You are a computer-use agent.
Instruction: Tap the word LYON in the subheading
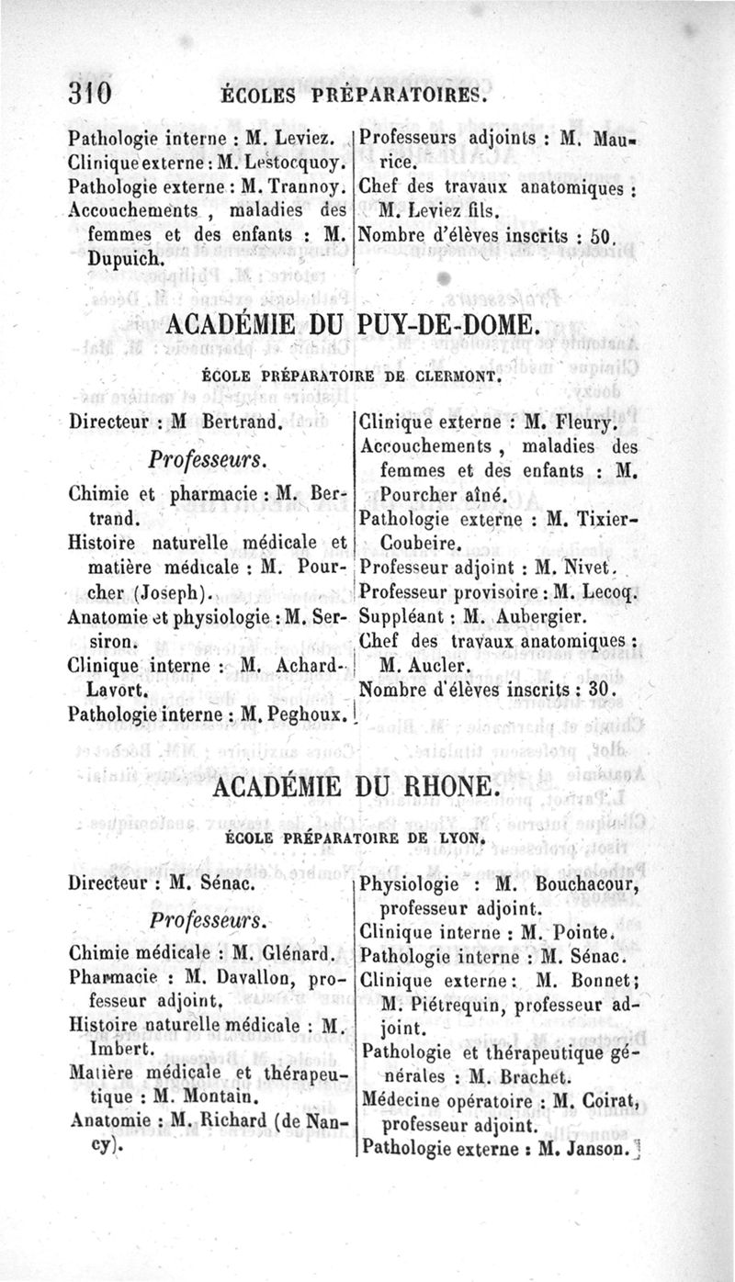tap(461, 839)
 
